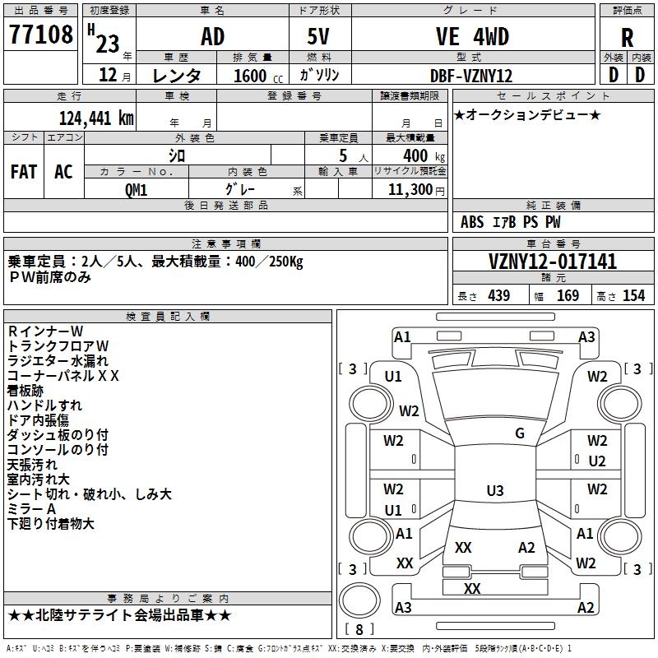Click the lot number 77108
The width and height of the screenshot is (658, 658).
(40, 36)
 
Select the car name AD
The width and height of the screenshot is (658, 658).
(212, 37)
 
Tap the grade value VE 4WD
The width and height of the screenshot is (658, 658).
(472, 37)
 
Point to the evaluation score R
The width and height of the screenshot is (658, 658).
(627, 38)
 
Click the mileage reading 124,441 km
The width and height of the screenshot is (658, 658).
(96, 118)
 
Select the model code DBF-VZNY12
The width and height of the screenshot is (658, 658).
(471, 76)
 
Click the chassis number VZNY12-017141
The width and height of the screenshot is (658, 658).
(553, 262)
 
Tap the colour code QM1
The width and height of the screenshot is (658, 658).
(137, 189)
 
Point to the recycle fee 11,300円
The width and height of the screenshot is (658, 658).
(416, 190)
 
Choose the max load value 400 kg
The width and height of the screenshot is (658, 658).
(416, 156)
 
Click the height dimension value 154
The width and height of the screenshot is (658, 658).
(633, 296)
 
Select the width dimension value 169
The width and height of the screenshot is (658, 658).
(568, 296)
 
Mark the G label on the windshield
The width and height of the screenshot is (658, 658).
(520, 433)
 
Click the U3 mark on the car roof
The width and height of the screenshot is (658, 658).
(494, 491)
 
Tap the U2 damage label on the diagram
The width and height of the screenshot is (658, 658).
(597, 461)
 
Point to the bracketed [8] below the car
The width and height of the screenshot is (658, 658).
(359, 630)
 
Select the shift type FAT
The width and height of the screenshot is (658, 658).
(24, 171)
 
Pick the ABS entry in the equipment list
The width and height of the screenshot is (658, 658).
(472, 222)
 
